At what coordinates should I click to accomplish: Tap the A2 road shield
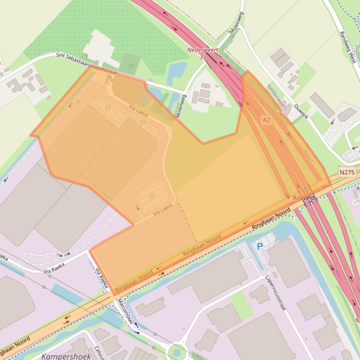266,120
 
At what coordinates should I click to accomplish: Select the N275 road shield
347,172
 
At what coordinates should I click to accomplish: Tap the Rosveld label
303,198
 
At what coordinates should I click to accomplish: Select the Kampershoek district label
65,356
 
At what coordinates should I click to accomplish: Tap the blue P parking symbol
260,246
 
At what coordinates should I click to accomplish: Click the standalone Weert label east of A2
308,156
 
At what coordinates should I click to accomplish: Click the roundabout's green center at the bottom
176,352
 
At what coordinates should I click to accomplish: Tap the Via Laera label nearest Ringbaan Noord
162,209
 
